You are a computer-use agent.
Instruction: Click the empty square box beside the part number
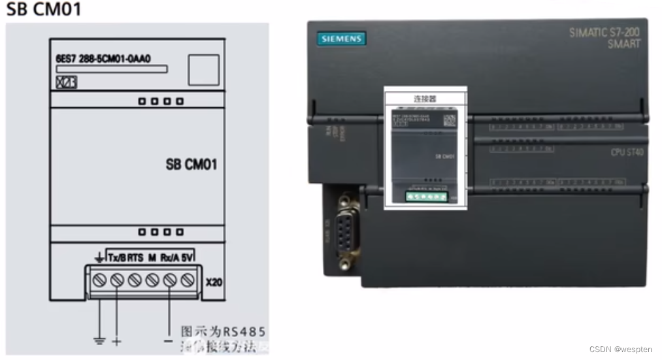coord(203,70)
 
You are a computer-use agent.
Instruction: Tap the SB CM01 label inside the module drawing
coord(191,164)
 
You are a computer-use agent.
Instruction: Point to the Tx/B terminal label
coord(116,258)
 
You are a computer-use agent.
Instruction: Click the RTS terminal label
coord(135,258)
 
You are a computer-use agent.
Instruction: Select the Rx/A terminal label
coord(169,258)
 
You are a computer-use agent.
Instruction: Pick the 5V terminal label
coord(188,258)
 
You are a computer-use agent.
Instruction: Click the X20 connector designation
coord(214,284)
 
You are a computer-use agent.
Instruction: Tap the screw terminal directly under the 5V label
coord(188,280)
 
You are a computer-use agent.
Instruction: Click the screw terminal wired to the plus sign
coord(117,280)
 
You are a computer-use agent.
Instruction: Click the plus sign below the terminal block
coord(118,341)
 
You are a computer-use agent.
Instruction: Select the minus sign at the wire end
coord(169,341)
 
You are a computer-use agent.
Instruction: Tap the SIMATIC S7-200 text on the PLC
coord(604,32)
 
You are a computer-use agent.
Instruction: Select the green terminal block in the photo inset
coord(425,195)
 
